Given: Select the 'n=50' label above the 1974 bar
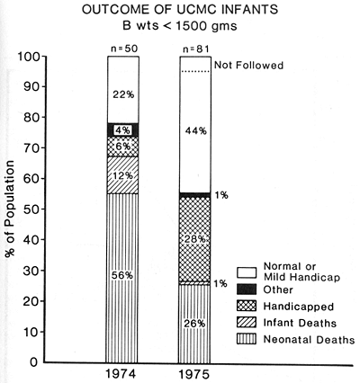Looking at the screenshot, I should point(122,45).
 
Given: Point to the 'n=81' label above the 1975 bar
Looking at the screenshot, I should point(196,45).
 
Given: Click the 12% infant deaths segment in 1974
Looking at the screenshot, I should point(122,174).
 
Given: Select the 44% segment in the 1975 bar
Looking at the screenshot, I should point(196,130).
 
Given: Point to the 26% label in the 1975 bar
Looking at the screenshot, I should point(196,323).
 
